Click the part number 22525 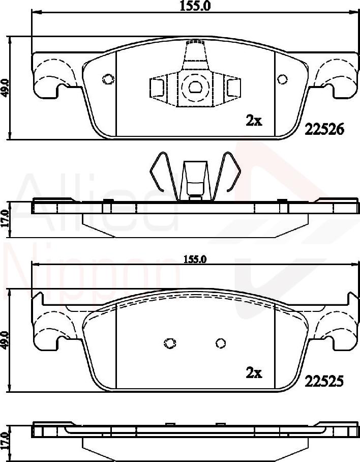324,380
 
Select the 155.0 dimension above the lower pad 194,259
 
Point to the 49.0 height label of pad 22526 6,88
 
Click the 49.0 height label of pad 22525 6,340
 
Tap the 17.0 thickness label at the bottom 6,440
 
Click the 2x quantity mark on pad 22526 254,121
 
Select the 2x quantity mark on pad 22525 254,373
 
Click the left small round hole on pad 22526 108,79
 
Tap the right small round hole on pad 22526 282,79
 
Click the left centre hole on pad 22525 170,343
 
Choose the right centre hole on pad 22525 220,343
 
